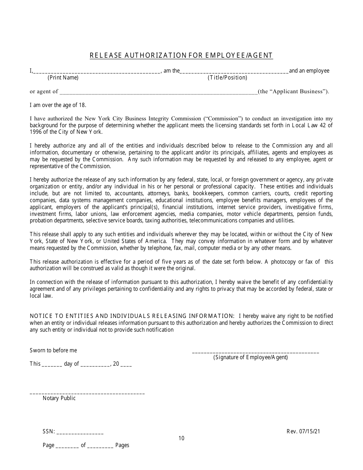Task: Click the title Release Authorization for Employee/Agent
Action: point(181,55)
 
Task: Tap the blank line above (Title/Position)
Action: point(234,71)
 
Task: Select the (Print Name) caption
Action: point(63,78)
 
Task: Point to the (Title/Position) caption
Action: point(227,78)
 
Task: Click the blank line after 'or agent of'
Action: point(159,92)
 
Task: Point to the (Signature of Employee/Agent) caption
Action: point(251,357)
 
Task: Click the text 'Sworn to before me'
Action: point(53,350)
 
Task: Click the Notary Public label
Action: point(59,398)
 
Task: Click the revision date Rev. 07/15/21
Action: point(303,431)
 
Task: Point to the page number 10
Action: point(181,438)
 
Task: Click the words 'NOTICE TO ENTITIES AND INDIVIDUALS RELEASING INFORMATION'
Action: point(132,316)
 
